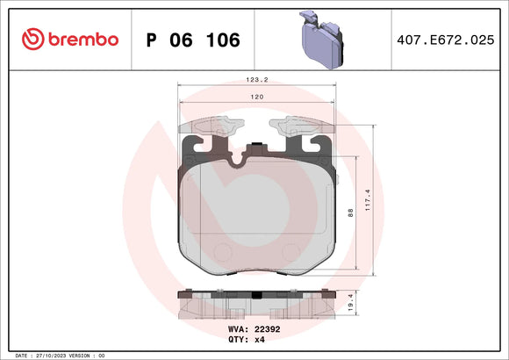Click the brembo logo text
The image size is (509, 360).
[x=82, y=39]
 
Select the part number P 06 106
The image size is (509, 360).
[x=190, y=40]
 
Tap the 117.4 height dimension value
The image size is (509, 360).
[x=379, y=205]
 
